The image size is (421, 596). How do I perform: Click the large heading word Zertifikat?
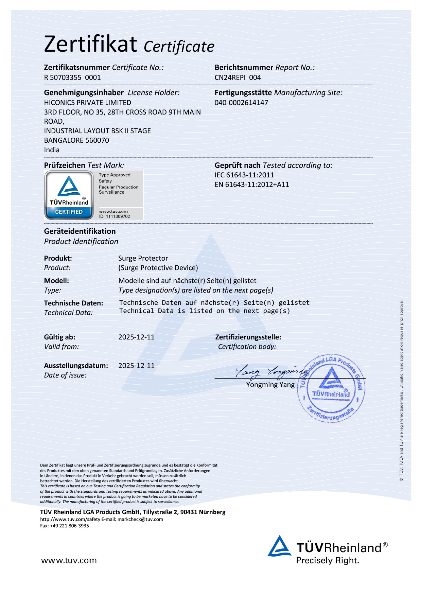[90, 44]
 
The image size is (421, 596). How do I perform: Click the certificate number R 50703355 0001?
[72, 77]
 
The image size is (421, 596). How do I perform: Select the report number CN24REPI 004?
[238, 77]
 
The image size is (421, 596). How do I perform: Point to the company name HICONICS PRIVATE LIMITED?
[87, 103]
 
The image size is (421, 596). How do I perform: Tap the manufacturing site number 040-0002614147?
[241, 103]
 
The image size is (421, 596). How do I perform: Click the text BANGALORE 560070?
[76, 140]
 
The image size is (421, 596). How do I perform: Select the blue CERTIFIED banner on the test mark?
[69, 212]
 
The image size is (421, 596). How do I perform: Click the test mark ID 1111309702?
[115, 216]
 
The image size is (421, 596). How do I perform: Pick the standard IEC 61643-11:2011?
[244, 175]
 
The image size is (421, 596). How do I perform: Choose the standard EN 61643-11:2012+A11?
[251, 185]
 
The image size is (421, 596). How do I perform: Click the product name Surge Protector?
[143, 258]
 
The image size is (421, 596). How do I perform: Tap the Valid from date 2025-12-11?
[136, 337]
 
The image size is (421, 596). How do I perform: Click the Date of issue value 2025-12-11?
[136, 366]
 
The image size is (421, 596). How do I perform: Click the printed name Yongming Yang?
[270, 385]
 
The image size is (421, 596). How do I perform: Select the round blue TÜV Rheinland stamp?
[331, 388]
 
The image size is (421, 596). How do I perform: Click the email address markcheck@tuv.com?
[140, 519]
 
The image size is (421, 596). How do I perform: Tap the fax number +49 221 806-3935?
[69, 526]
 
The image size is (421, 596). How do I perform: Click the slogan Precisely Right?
[328, 560]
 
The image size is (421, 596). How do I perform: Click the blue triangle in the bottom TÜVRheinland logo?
[279, 546]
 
